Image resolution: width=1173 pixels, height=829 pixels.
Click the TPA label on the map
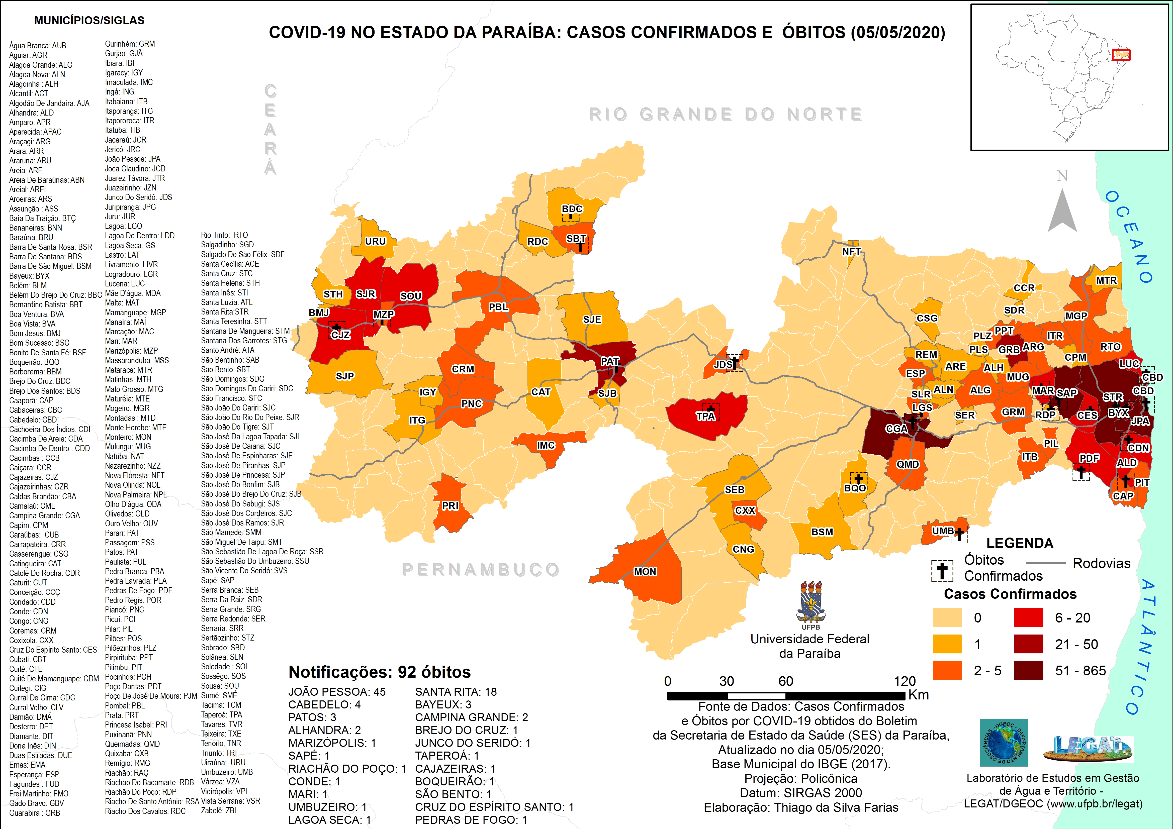click(x=705, y=416)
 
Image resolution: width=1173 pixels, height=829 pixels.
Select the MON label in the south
click(x=645, y=572)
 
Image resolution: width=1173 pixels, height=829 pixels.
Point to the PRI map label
click(x=450, y=506)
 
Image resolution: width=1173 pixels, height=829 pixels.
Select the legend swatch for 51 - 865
click(x=1028, y=671)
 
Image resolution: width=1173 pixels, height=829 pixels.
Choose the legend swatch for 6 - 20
click(x=1028, y=617)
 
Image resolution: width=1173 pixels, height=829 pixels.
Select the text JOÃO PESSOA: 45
click(x=337, y=692)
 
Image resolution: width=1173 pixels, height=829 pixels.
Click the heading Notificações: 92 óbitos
click(x=380, y=672)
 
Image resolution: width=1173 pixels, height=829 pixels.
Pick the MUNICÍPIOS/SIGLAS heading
click(x=89, y=21)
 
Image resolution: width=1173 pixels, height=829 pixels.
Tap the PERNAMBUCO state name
click(x=480, y=570)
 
